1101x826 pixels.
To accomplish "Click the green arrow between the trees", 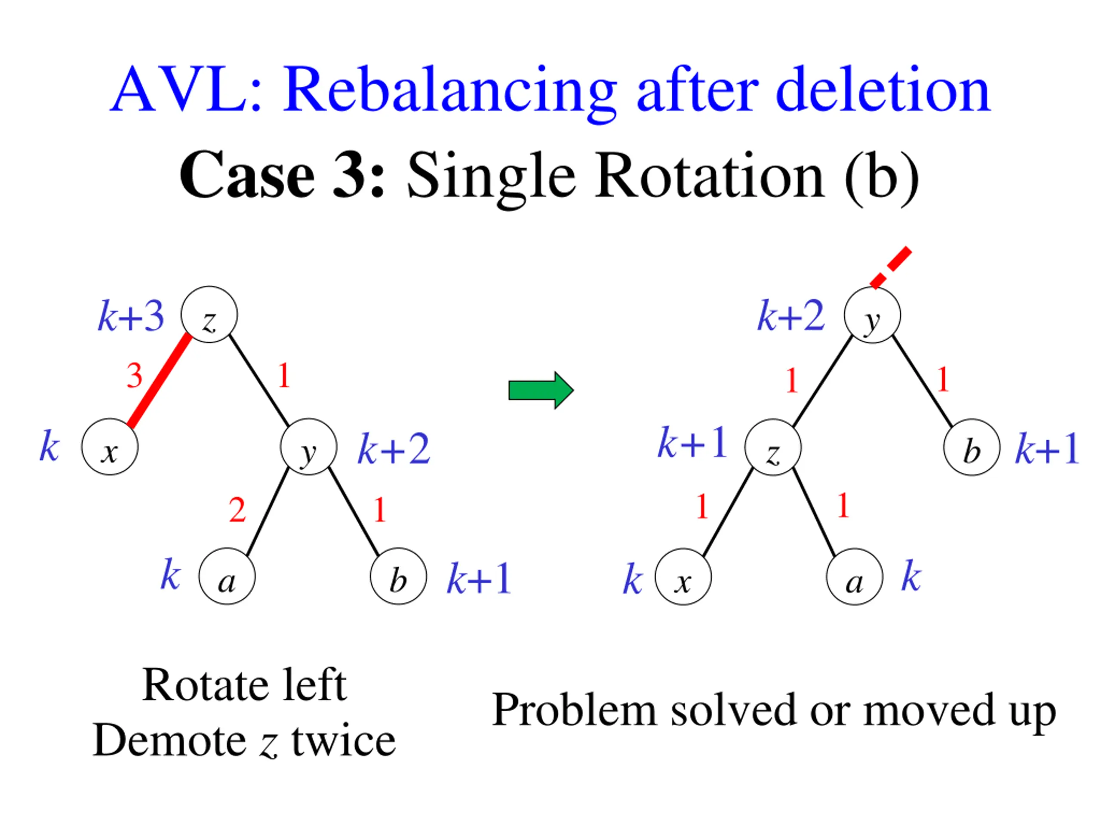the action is (x=541, y=390).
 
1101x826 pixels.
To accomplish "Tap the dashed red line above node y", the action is (x=891, y=267).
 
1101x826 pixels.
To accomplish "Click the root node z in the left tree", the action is (x=209, y=314).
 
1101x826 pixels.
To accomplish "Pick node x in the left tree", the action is (x=110, y=447).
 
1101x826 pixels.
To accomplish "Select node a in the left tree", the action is (x=227, y=576).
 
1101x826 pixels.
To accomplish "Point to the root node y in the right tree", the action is (x=872, y=315).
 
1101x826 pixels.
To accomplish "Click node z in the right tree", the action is (x=772, y=447).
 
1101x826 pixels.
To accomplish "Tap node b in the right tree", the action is (x=972, y=447).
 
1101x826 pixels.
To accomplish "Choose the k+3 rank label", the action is (x=130, y=316).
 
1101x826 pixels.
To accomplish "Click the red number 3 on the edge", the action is (x=134, y=376).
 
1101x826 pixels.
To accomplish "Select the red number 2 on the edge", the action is (x=237, y=510).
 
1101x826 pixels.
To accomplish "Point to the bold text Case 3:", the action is (x=282, y=176).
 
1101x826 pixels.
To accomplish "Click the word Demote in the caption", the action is (x=169, y=740).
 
